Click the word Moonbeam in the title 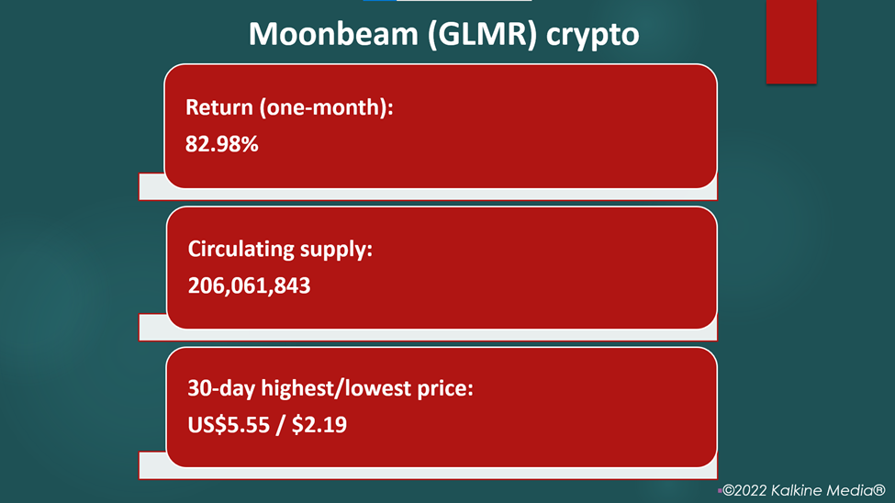[333, 34]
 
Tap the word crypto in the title [592, 37]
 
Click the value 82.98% [221, 144]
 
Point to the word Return [219, 107]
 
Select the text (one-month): [327, 108]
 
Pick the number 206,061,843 [249, 285]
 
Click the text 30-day [221, 389]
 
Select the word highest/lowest [336, 389]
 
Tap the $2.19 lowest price [319, 425]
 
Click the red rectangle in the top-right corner [791, 41]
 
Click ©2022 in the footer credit [744, 490]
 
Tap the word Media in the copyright [847, 490]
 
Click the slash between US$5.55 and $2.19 [280, 425]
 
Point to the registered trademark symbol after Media [879, 490]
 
